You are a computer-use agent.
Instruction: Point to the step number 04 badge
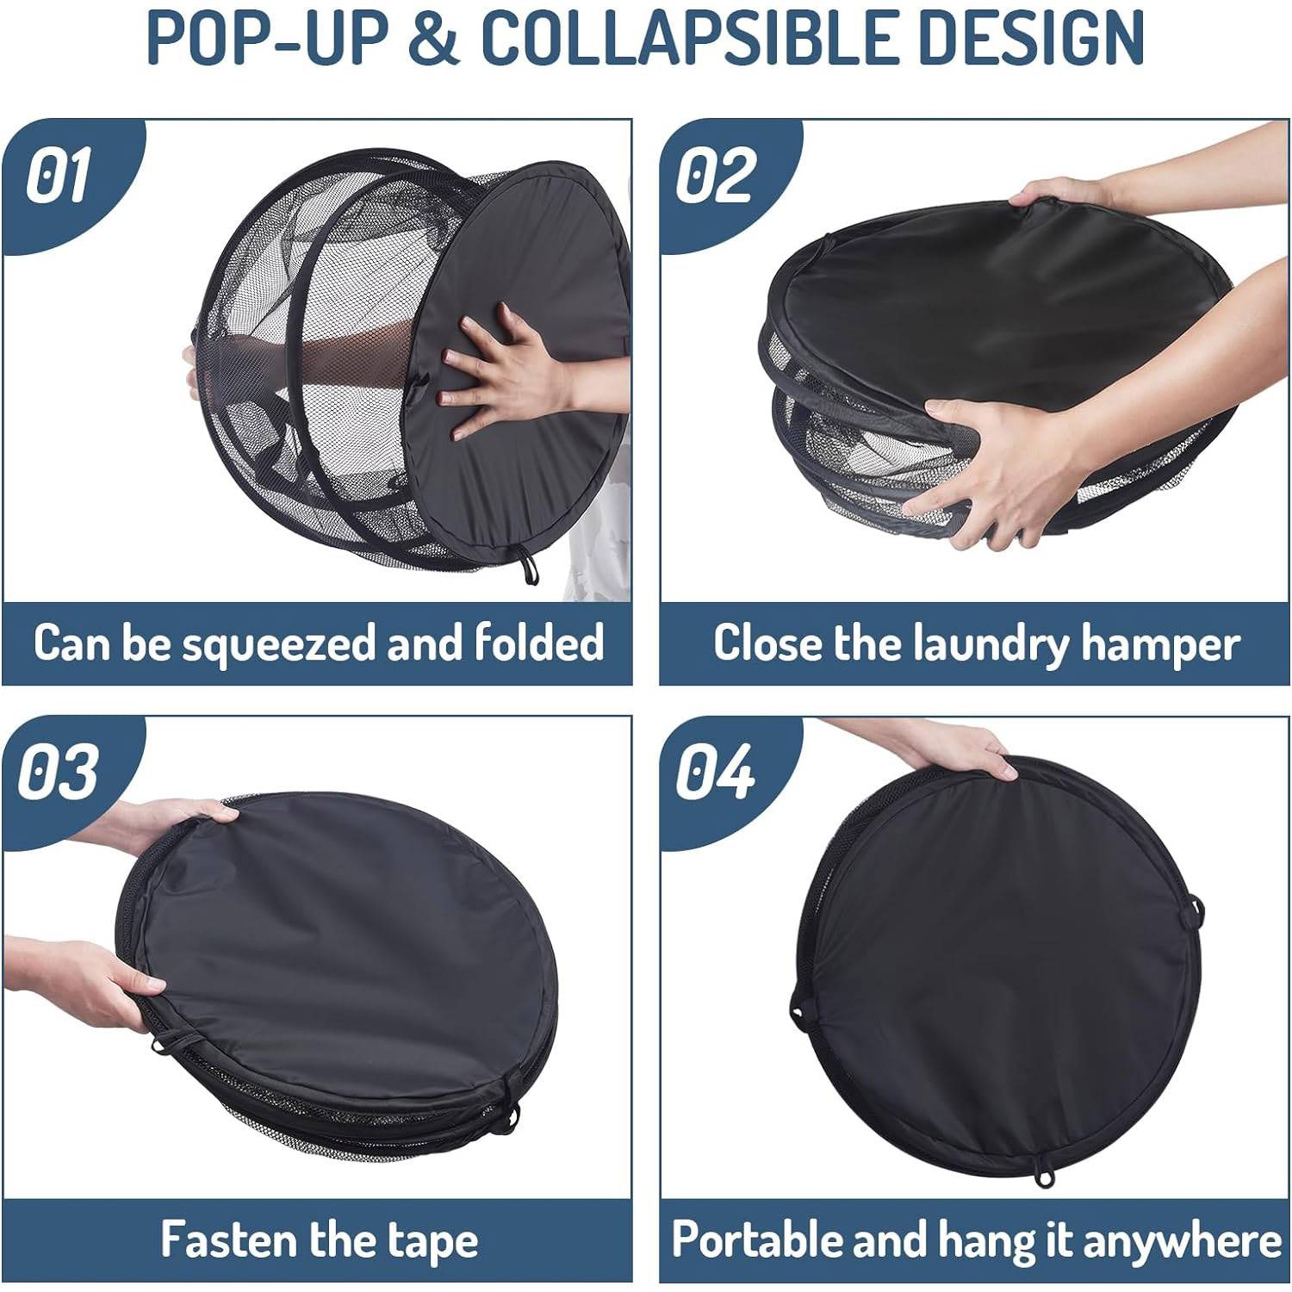(x=715, y=771)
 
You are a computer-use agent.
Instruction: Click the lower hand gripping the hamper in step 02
(x=991, y=465)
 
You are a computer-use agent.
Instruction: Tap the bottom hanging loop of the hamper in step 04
(x=1045, y=1178)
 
